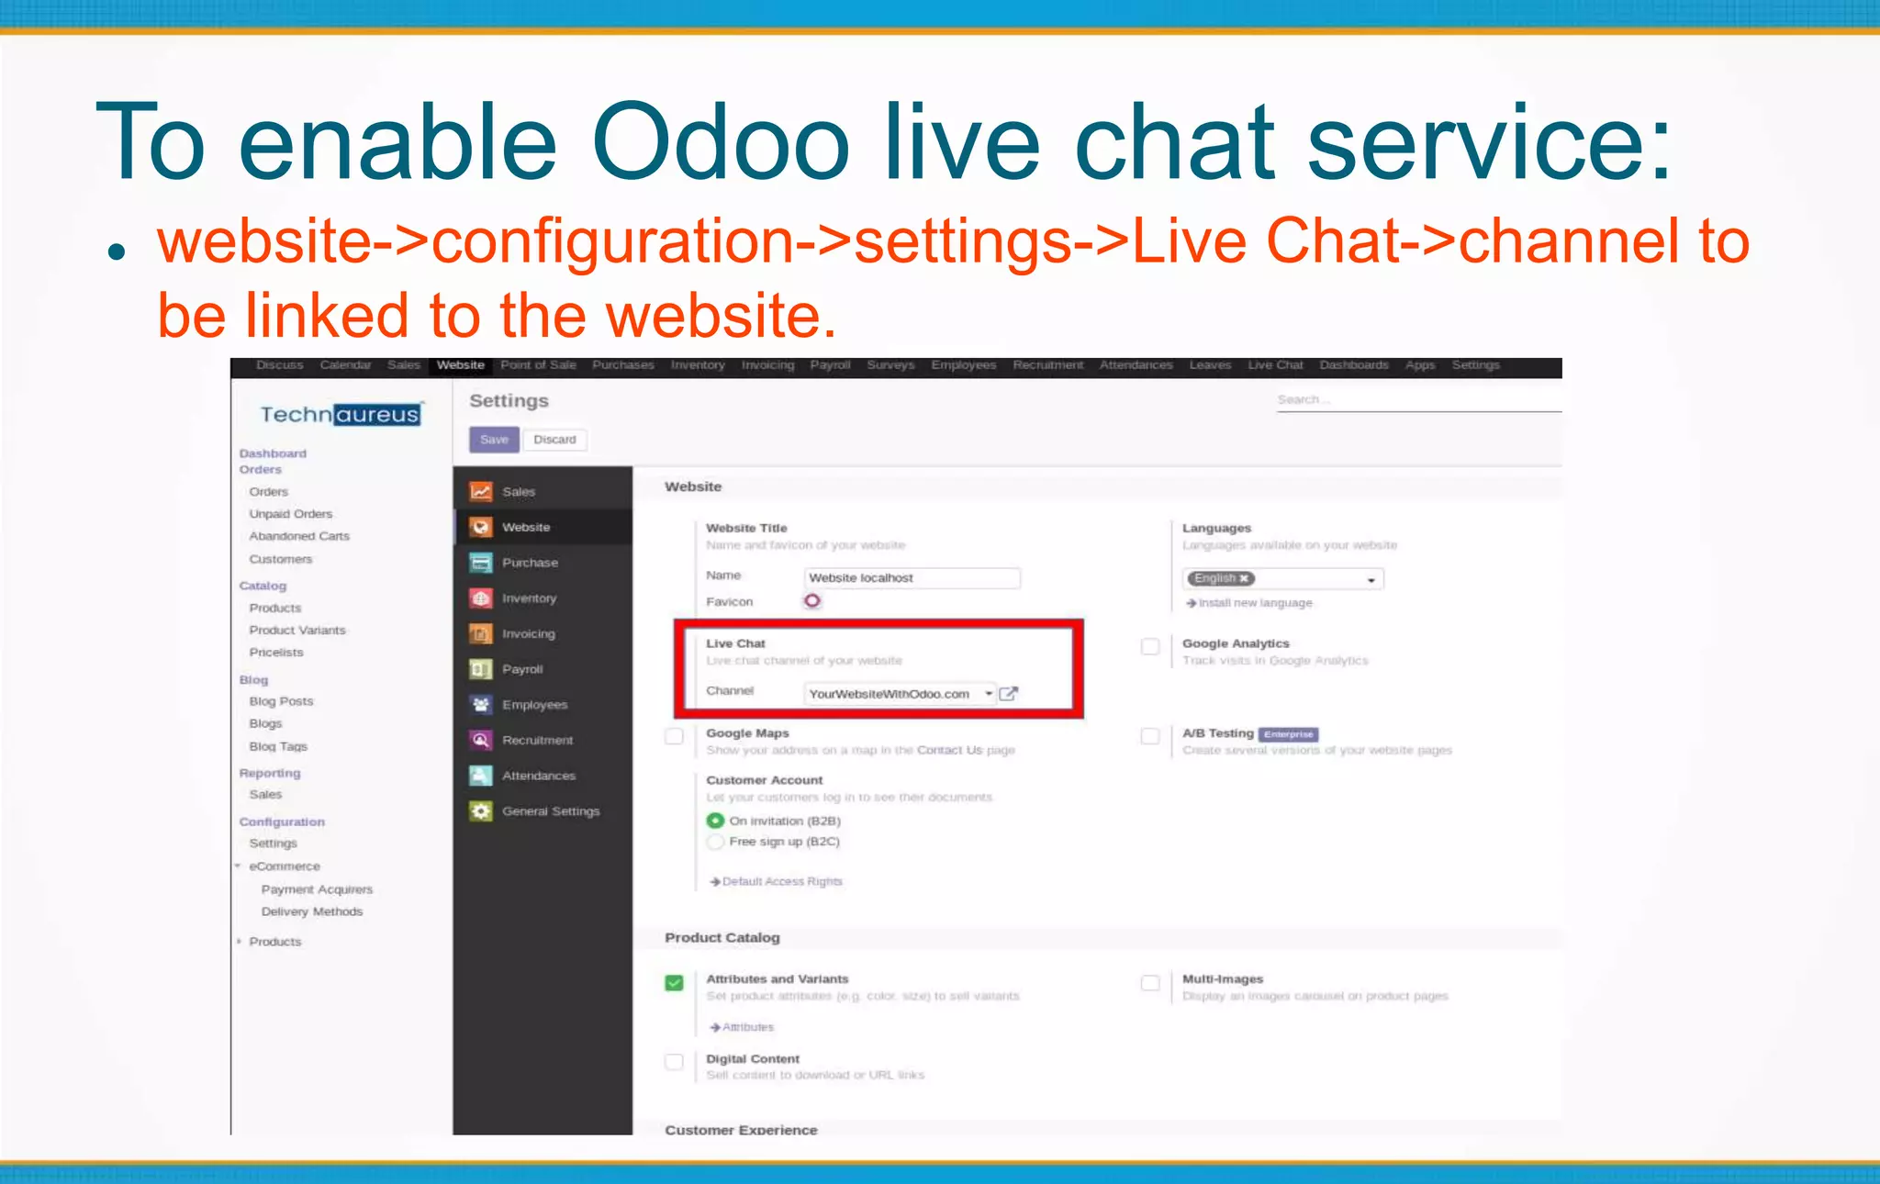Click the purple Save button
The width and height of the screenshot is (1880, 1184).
click(x=494, y=440)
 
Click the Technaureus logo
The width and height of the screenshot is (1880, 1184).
click(x=340, y=415)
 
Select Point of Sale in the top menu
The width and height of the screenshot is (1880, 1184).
click(x=538, y=365)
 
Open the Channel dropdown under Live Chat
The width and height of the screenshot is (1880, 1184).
click(x=989, y=694)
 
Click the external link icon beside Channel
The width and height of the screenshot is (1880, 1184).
click(x=1008, y=694)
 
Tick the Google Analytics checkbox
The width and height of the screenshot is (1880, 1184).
click(x=1150, y=646)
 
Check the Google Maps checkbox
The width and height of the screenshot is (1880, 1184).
click(x=675, y=736)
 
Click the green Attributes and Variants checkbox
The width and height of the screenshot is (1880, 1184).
click(x=675, y=983)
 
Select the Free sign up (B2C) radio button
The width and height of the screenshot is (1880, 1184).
click(x=716, y=842)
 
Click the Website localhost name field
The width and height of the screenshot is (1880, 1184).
click(x=912, y=578)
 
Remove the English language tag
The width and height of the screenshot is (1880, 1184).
click(x=1244, y=578)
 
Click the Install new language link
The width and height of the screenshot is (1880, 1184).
click(x=1254, y=603)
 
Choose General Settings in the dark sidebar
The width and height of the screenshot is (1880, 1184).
click(x=550, y=811)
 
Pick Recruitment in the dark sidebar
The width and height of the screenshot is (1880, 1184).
click(x=537, y=740)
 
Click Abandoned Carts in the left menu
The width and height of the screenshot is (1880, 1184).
click(x=299, y=536)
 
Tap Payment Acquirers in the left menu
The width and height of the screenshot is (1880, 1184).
click(x=317, y=889)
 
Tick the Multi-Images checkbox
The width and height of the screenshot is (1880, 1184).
click(x=1150, y=983)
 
